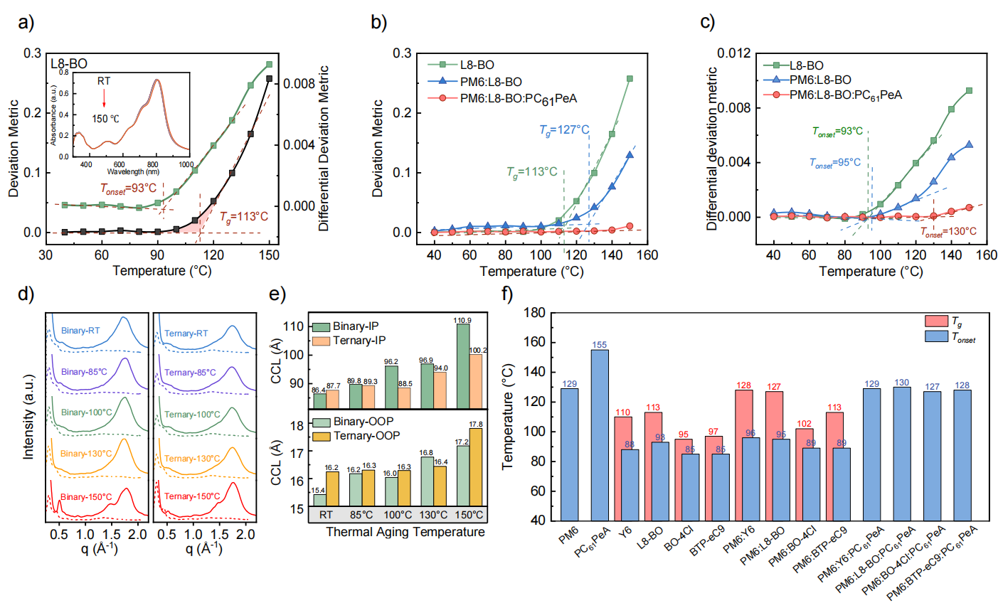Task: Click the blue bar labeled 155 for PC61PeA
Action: coord(599,434)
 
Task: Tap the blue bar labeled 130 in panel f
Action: coord(901,453)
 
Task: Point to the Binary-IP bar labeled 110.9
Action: coord(462,366)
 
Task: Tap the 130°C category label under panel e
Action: coord(434,514)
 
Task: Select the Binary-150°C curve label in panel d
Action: coord(86,496)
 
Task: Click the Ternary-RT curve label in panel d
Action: coord(186,333)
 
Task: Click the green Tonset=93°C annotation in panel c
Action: coord(837,132)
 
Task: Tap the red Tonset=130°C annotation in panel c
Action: coord(948,232)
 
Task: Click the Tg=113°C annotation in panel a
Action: coord(243,217)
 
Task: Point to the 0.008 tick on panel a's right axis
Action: coord(299,83)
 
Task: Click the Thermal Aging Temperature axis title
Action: coord(405,532)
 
